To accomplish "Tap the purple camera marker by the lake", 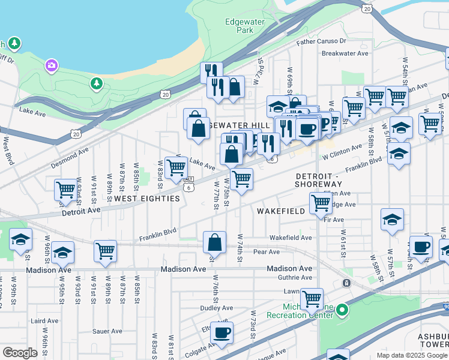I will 51,65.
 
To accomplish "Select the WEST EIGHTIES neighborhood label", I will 147,199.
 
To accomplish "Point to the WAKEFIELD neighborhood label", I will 277,212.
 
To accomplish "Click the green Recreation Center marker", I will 342,311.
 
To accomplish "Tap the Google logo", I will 20,352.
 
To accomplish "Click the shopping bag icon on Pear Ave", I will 214,242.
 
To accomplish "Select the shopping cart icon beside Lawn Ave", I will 312,298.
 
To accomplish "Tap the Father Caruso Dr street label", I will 321,41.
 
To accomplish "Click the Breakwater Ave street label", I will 345,53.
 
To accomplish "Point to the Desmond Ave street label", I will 70,149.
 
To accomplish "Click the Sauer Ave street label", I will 107,331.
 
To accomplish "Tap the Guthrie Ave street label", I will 294,277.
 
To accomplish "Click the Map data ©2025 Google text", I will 411,355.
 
